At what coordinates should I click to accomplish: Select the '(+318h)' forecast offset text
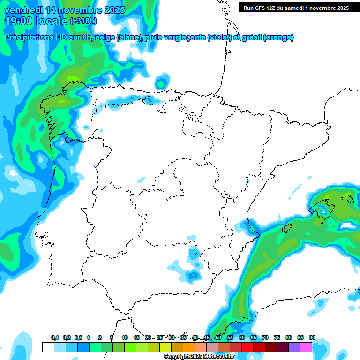[83, 21]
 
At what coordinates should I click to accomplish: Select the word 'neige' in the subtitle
[105, 37]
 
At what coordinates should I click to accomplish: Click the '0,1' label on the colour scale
[55, 338]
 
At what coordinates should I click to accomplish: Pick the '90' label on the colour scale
[312, 338]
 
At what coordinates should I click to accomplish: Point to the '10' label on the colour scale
[125, 338]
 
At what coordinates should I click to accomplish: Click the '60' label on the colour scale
[242, 338]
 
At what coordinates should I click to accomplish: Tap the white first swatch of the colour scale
[48, 347]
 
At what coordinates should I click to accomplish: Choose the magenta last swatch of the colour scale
[306, 347]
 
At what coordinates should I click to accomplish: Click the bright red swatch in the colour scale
[247, 347]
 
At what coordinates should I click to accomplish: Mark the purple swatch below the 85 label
[294, 347]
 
